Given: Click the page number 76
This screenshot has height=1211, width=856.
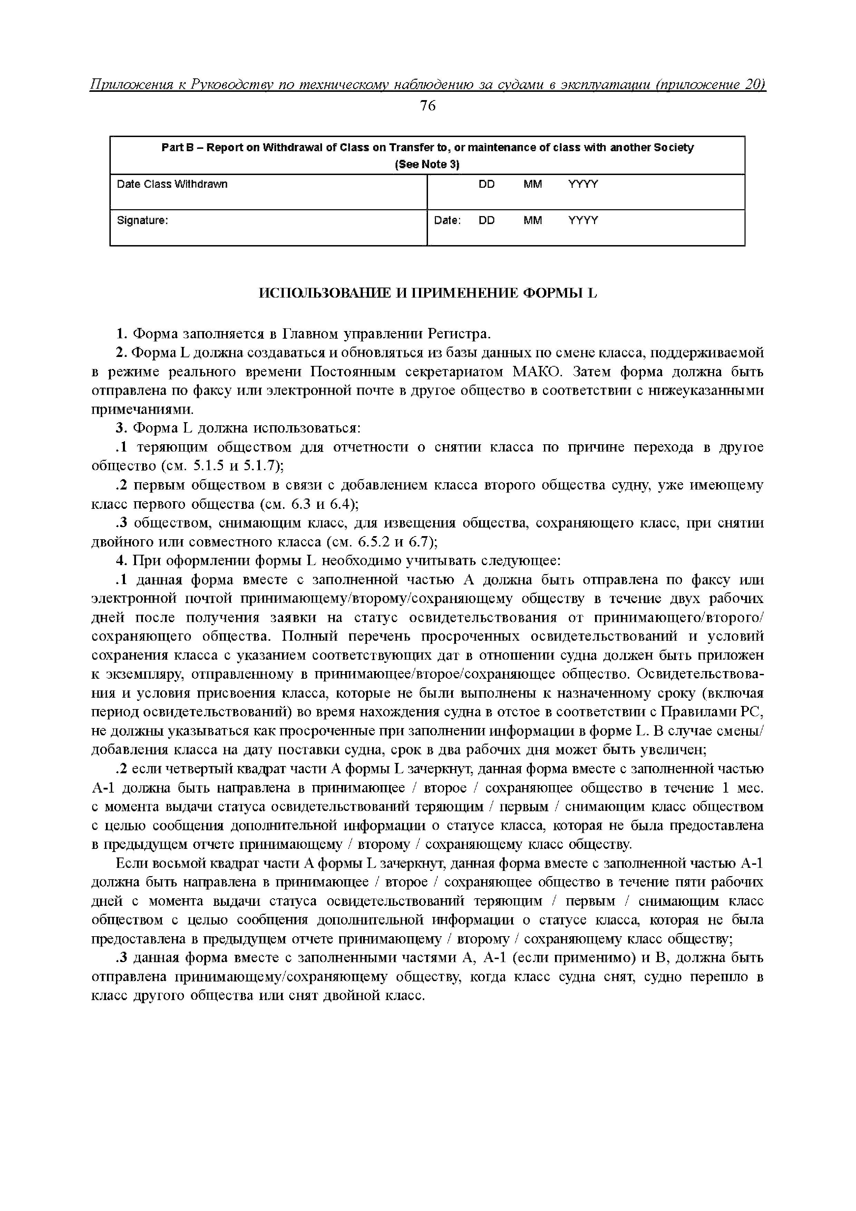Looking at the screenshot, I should [x=428, y=106].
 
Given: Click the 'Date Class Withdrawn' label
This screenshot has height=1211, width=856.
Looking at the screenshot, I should [x=172, y=184].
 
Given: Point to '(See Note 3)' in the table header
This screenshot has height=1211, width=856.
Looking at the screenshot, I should [x=427, y=165].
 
